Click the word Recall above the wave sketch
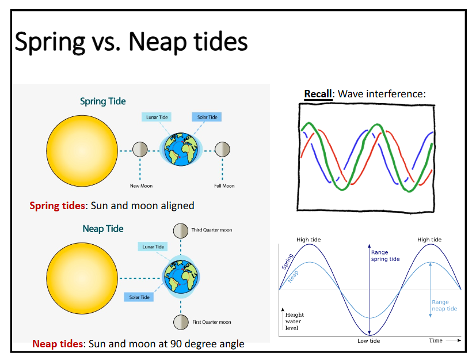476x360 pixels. pyautogui.click(x=318, y=94)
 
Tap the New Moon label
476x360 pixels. pyautogui.click(x=141, y=185)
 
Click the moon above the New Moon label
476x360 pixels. pyautogui.click(x=140, y=150)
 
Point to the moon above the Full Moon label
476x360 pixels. pyautogui.click(x=222, y=150)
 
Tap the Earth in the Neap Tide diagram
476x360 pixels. pyautogui.click(x=180, y=275)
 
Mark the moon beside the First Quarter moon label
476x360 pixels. pyautogui.click(x=181, y=321)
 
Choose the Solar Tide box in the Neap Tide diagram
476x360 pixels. pyautogui.click(x=139, y=297)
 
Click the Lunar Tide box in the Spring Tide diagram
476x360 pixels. pyautogui.click(x=156, y=117)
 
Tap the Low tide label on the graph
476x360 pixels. pyautogui.click(x=369, y=341)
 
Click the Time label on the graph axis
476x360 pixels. pyautogui.click(x=436, y=340)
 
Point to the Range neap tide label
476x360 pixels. pyautogui.click(x=444, y=305)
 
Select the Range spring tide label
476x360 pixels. pyautogui.click(x=385, y=256)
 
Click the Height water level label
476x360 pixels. pyautogui.click(x=294, y=321)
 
